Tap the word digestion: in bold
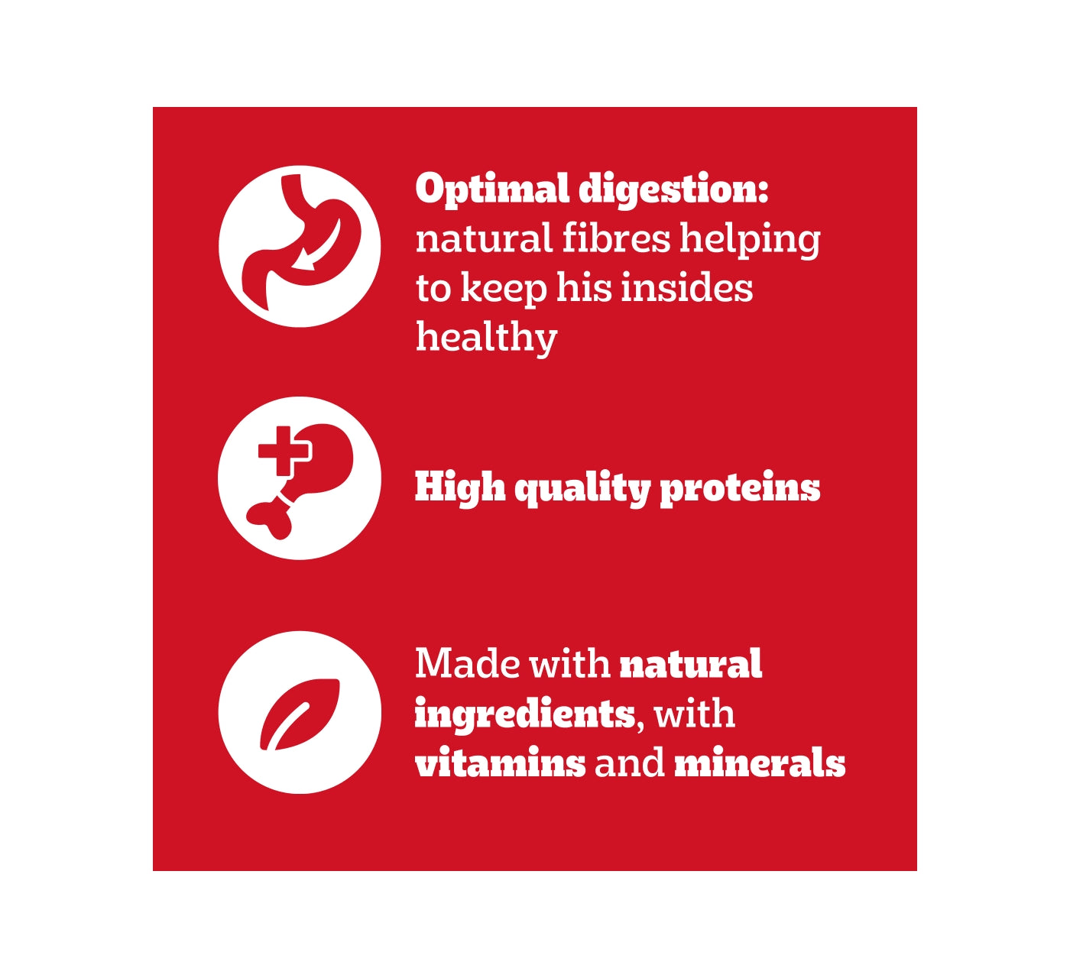[x=673, y=189]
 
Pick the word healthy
[x=486, y=338]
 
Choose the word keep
[x=504, y=289]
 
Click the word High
[x=460, y=487]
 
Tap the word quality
[x=582, y=488]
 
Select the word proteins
[x=740, y=488]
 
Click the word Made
[x=467, y=663]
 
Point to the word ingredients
[x=525, y=714]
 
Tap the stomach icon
[x=300, y=246]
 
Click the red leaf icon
[x=300, y=714]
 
